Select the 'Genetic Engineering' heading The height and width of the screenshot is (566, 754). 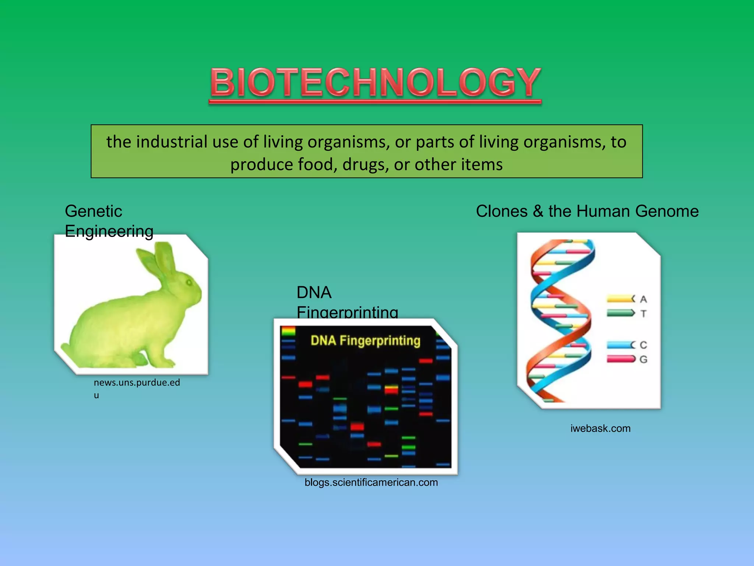point(109,221)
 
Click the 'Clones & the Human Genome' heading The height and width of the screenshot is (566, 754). point(587,212)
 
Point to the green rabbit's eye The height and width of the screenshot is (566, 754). point(189,283)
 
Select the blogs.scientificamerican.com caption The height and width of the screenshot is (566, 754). point(371,482)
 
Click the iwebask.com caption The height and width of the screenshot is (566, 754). point(600,429)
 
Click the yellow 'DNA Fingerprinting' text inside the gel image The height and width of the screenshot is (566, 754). point(365,340)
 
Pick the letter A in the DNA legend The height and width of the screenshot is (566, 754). point(643,299)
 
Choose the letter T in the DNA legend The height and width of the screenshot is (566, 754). point(643,314)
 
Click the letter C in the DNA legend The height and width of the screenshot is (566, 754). point(643,345)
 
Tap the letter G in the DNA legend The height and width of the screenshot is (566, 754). point(643,359)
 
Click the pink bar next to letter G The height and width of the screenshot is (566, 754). point(620,359)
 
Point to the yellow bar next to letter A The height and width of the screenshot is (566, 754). point(620,298)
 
